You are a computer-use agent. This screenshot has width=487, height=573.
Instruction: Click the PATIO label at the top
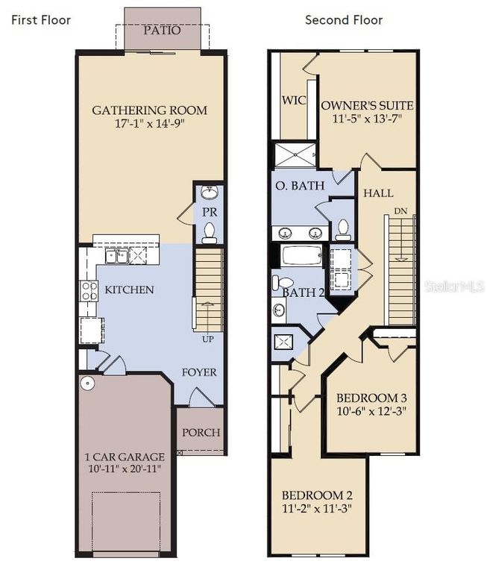(x=162, y=31)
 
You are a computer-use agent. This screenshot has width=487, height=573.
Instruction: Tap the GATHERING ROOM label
(x=149, y=110)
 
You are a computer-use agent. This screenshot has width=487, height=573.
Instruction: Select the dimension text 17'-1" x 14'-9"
(x=149, y=125)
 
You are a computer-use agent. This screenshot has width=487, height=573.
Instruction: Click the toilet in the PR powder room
(x=210, y=233)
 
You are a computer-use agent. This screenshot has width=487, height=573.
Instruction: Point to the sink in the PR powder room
(x=210, y=193)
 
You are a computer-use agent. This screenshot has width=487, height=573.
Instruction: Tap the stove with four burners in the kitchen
(x=89, y=289)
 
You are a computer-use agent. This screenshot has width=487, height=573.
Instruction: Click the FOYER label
(x=199, y=372)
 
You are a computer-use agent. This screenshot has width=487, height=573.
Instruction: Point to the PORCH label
(x=201, y=432)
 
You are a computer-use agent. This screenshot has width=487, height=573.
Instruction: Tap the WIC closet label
(x=293, y=100)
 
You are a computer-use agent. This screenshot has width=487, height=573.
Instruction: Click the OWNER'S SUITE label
(x=367, y=105)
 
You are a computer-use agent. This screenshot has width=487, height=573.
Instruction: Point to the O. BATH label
(x=300, y=185)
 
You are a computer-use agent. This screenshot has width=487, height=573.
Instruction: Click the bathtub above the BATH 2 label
(x=302, y=257)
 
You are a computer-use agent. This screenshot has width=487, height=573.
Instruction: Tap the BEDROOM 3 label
(x=371, y=397)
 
